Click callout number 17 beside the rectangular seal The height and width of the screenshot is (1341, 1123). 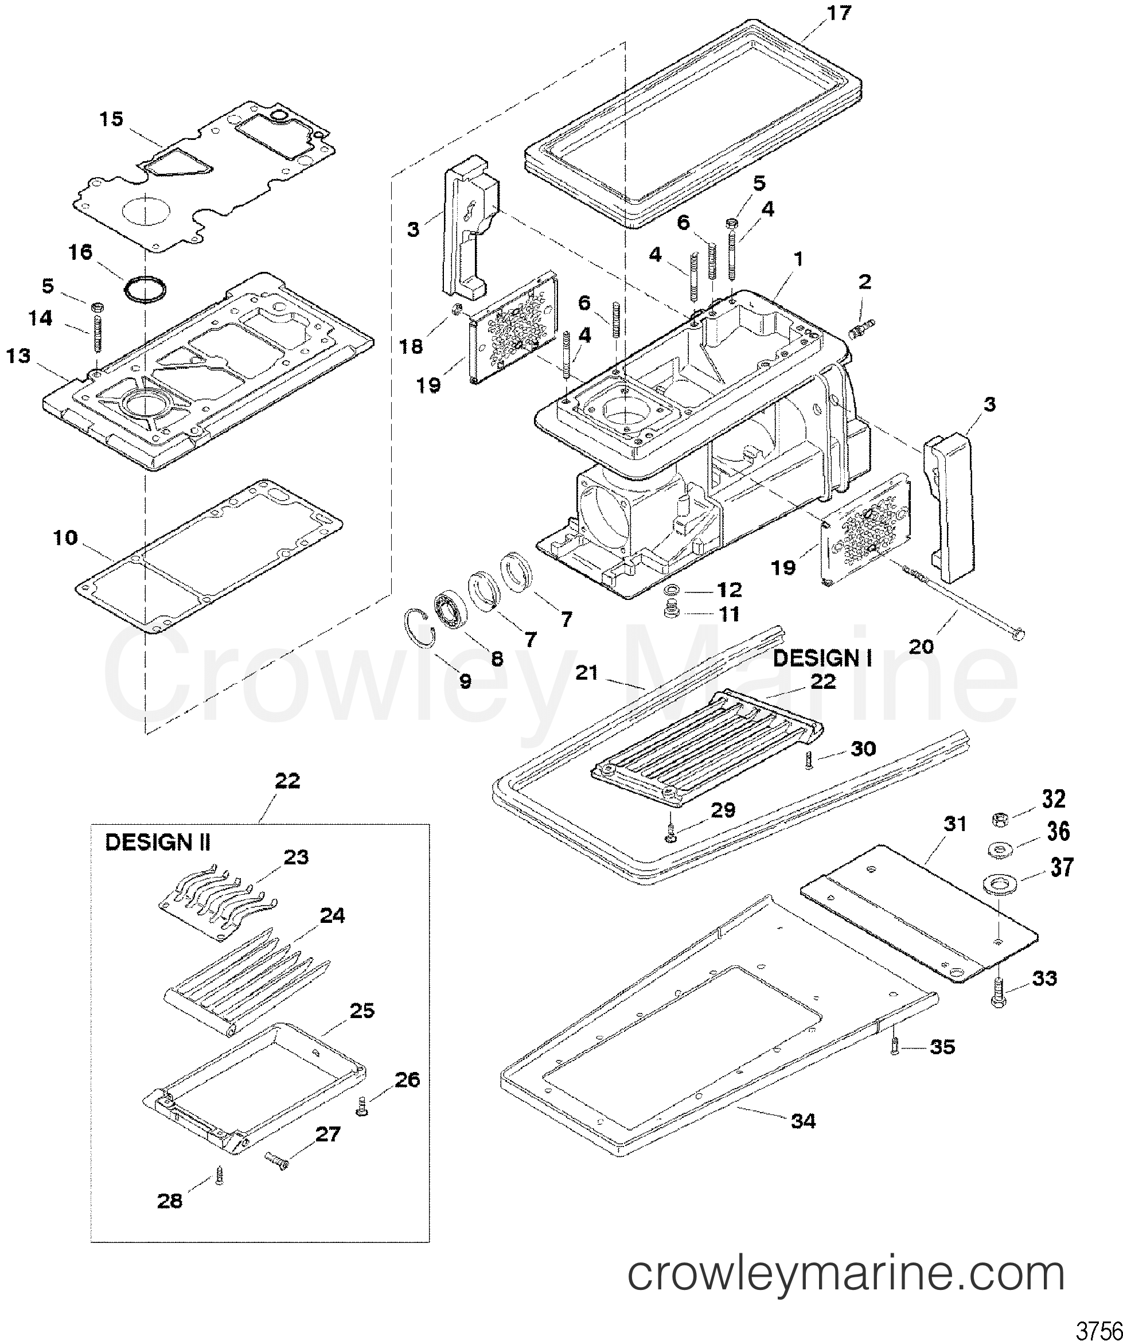(840, 13)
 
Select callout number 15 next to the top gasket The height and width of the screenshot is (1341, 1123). (112, 119)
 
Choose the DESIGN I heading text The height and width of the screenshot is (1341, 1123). (822, 658)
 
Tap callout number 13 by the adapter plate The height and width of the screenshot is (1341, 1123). (19, 356)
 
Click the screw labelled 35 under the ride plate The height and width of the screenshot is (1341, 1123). (895, 1046)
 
